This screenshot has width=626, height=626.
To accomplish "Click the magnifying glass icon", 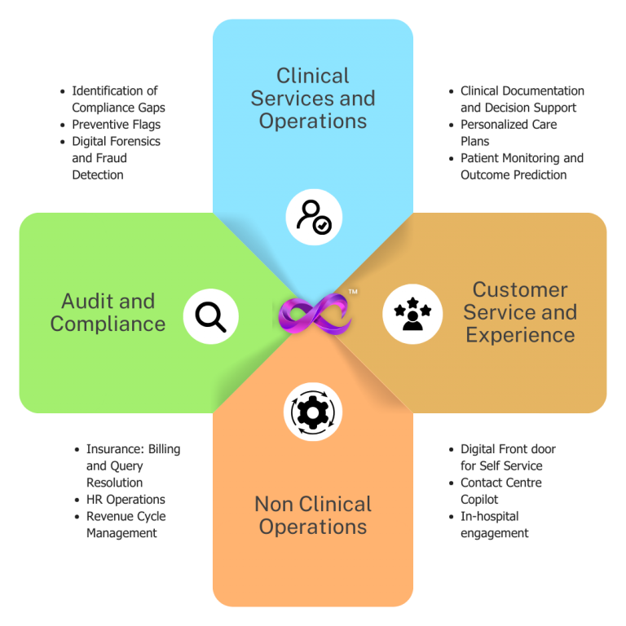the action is [x=210, y=316].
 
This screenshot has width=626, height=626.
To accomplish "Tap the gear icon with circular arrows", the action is [x=313, y=412].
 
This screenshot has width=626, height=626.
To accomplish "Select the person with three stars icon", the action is [x=412, y=314].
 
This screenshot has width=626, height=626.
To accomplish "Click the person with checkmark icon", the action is [x=314, y=217].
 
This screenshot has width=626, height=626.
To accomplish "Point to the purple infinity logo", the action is [x=314, y=314].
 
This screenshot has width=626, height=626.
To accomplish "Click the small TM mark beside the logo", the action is [x=353, y=292].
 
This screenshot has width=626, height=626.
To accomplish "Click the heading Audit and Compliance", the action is [x=108, y=312].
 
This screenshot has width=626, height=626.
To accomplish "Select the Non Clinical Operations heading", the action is [x=313, y=515].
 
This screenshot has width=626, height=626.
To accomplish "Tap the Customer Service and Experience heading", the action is [x=520, y=312].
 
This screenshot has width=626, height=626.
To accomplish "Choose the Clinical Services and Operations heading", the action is [x=313, y=98].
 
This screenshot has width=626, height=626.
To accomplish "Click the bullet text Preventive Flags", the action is [x=117, y=125].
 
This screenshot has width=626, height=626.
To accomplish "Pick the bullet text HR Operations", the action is [x=126, y=500].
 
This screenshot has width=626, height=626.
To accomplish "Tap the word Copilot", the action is [x=479, y=500].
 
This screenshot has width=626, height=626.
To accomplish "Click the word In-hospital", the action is [x=489, y=517].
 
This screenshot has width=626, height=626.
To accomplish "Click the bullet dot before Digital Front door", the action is [x=451, y=450].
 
